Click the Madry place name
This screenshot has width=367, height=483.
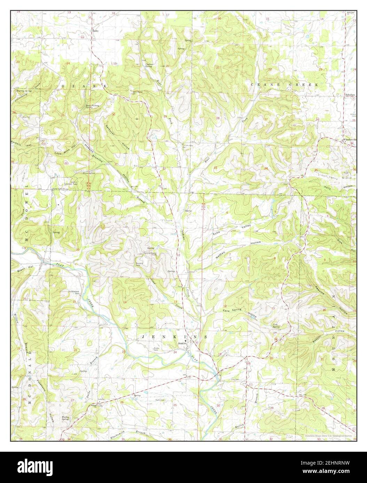tap(95, 31)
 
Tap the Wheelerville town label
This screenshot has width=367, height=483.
tap(349, 140)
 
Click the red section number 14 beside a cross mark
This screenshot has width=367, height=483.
tap(125, 302)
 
